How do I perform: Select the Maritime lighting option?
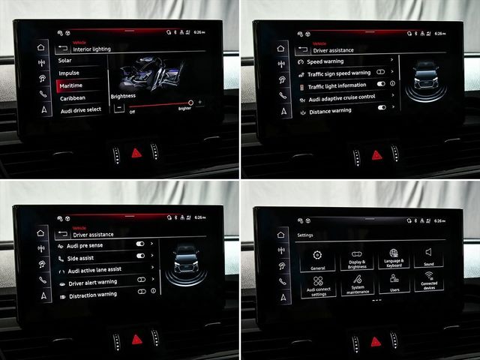tap(72, 85)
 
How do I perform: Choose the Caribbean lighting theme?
tap(73, 97)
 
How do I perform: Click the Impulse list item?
tap(70, 73)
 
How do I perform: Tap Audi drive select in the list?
tap(80, 110)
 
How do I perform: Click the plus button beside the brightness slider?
tap(200, 102)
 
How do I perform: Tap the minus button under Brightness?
tap(118, 107)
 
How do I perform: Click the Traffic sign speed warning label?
tap(339, 73)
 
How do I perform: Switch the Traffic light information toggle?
tap(381, 85)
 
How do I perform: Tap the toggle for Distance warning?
tap(381, 109)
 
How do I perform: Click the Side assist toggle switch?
tap(140, 256)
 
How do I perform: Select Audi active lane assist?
tap(94, 270)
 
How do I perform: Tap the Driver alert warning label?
tap(93, 283)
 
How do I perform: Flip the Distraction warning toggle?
tap(140, 295)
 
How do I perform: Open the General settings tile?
tap(317, 259)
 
